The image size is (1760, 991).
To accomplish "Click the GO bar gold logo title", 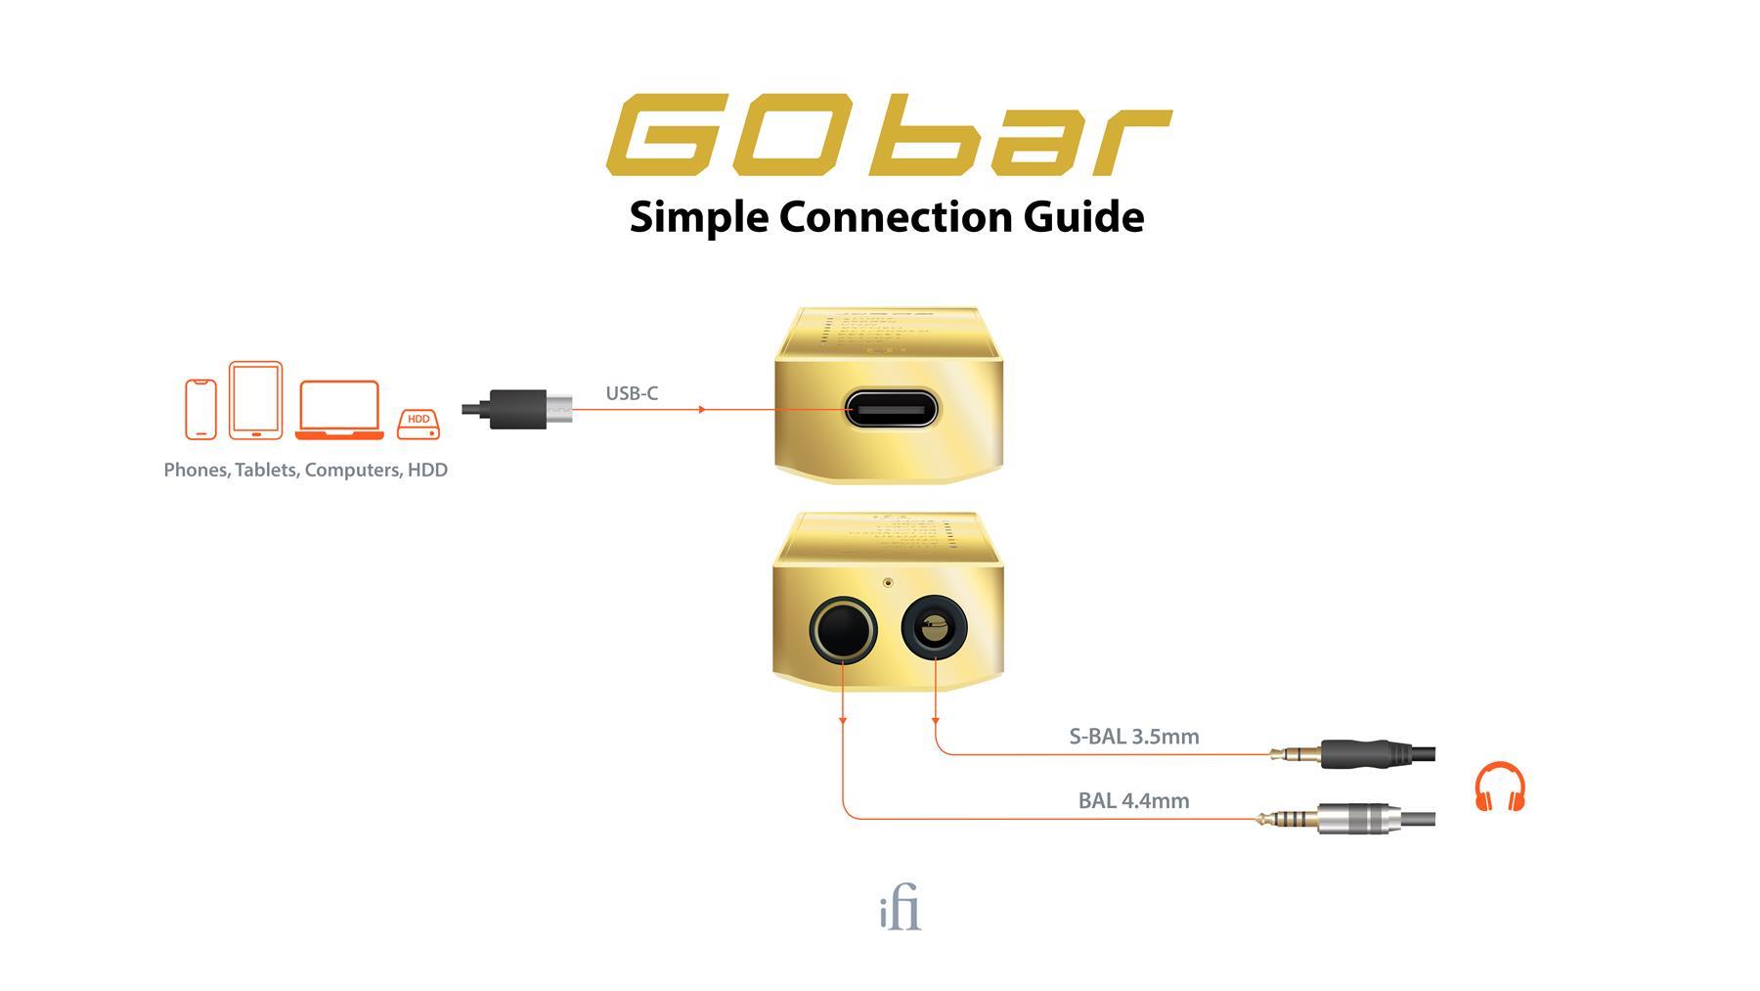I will pyautogui.click(x=888, y=135).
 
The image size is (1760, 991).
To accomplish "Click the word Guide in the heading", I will pyautogui.click(x=1083, y=216).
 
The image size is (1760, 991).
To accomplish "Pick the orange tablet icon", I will pyautogui.click(x=255, y=400).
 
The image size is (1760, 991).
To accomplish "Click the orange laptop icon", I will pyautogui.click(x=338, y=410).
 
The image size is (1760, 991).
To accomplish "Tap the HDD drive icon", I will pyautogui.click(x=418, y=424).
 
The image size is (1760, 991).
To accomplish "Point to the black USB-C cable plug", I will pyautogui.click(x=518, y=409).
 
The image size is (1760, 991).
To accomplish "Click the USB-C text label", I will pyautogui.click(x=632, y=393).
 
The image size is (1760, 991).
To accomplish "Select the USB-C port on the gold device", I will pyautogui.click(x=890, y=409).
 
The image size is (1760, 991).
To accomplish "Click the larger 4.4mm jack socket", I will pyautogui.click(x=842, y=629).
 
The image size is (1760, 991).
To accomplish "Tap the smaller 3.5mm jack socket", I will pyautogui.click(x=934, y=627).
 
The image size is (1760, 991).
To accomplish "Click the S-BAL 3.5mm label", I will pyautogui.click(x=1133, y=737).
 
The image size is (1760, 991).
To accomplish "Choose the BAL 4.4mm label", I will pyautogui.click(x=1133, y=800).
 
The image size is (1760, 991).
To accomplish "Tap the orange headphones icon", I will pyautogui.click(x=1499, y=788).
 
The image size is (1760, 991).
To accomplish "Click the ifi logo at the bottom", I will pyautogui.click(x=900, y=910).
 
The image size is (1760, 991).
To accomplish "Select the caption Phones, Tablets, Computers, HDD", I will pyautogui.click(x=305, y=470).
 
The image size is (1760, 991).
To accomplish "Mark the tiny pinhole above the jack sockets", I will pyautogui.click(x=888, y=582).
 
